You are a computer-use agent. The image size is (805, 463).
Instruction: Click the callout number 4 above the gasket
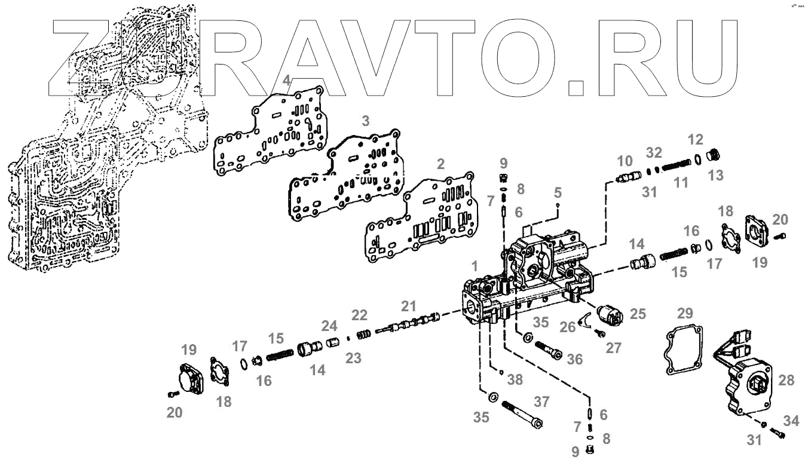click(287, 81)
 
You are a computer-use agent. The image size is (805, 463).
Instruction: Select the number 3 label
click(366, 121)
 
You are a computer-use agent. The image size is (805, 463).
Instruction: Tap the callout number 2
click(441, 164)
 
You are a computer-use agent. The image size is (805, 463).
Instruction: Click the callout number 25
click(638, 314)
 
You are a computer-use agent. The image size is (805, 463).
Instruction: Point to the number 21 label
click(408, 306)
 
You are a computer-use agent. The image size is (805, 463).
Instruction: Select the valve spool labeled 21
click(412, 323)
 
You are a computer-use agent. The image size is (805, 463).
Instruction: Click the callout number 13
click(715, 175)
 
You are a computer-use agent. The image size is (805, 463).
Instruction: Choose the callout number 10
click(625, 161)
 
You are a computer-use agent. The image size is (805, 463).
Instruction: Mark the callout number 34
click(791, 422)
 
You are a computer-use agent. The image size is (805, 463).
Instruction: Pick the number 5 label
click(558, 192)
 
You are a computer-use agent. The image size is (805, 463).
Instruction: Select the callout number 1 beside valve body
click(474, 265)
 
